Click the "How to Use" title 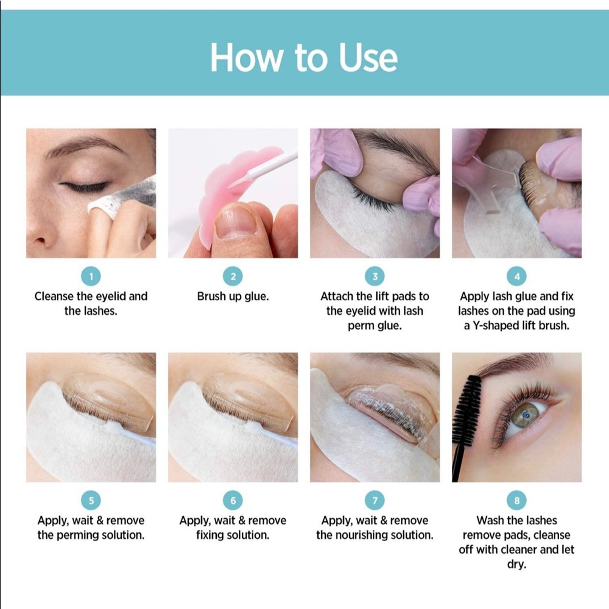304,58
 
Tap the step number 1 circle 91,277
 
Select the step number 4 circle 516,277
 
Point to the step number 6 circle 233,501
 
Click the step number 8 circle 516,501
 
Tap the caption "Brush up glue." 233,297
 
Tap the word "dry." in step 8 516,565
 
